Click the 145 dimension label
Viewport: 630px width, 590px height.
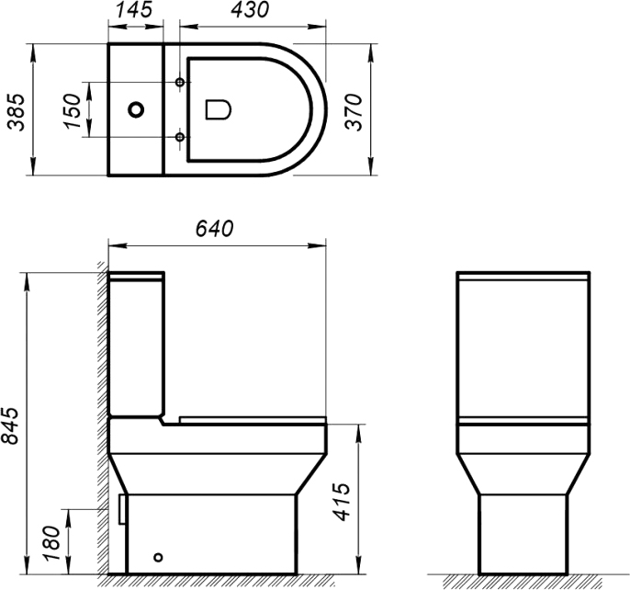click(x=134, y=10)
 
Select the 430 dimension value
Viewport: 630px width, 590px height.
click(x=250, y=10)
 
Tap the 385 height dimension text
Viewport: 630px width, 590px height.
click(x=17, y=112)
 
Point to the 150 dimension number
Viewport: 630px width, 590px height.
click(x=73, y=111)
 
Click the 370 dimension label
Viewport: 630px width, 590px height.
click(x=354, y=112)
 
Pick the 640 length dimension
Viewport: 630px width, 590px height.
click(x=214, y=229)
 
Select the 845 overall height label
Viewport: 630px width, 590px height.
click(x=10, y=425)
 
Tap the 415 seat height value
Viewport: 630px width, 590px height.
click(x=343, y=502)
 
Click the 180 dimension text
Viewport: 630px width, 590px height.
click(x=52, y=543)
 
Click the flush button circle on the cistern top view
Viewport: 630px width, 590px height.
click(x=137, y=109)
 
